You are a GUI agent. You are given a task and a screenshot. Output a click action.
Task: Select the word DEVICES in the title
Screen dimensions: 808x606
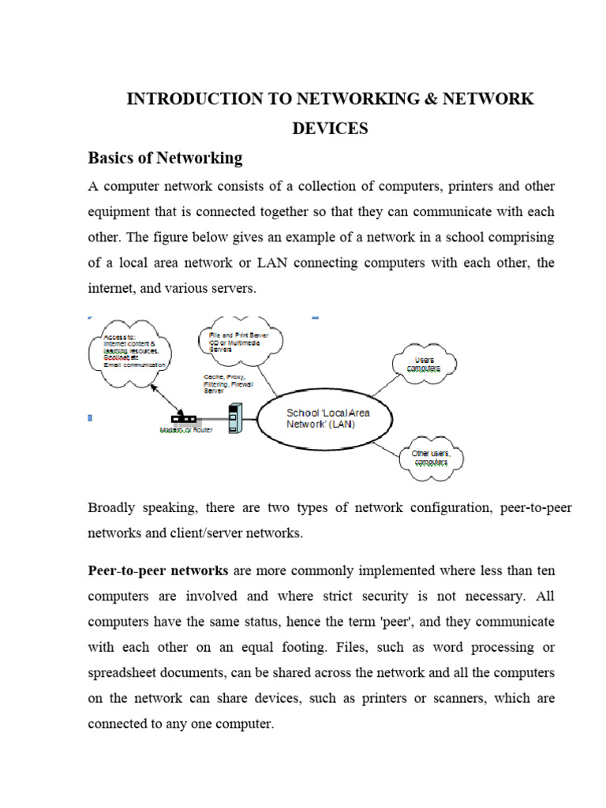point(330,129)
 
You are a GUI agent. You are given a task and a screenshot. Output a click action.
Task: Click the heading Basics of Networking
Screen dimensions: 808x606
point(165,158)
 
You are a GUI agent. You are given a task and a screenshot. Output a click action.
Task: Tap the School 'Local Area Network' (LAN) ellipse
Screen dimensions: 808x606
point(327,419)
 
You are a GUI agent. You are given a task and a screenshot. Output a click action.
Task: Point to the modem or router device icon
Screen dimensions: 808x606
point(184,419)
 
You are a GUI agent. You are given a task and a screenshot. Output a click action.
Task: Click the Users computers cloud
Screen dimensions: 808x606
point(425,364)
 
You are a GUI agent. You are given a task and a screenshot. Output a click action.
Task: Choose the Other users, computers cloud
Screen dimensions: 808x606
point(431,458)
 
